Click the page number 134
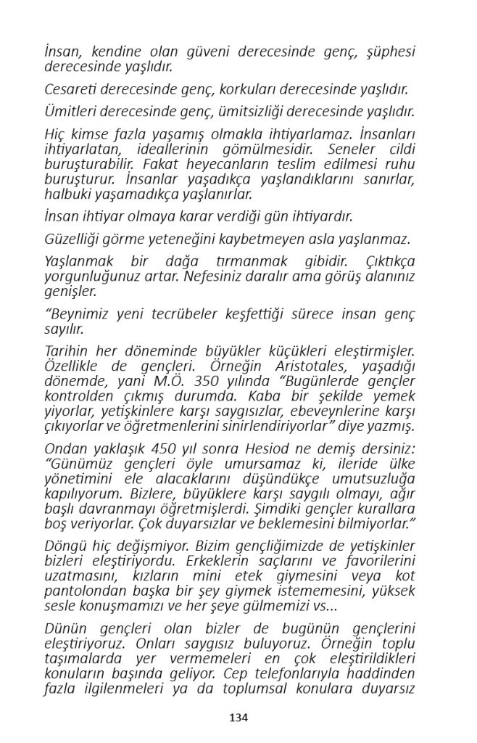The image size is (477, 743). [x=238, y=718]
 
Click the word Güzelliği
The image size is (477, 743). [x=75, y=239]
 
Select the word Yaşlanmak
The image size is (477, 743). [x=78, y=260]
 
